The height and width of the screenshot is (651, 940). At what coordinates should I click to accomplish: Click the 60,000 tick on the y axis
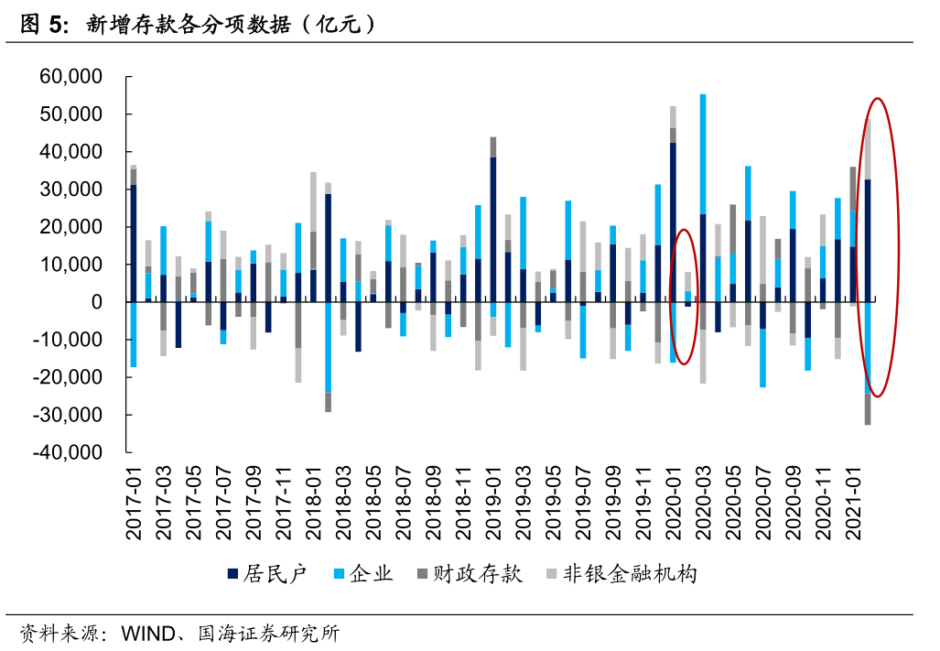click(x=70, y=77)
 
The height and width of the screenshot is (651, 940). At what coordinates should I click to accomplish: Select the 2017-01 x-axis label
click(x=135, y=501)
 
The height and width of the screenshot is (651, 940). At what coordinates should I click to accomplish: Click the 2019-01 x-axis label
click(x=493, y=501)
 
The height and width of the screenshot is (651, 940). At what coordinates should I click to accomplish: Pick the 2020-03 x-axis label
click(x=703, y=501)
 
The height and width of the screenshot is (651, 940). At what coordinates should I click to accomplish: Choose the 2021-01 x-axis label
click(x=852, y=501)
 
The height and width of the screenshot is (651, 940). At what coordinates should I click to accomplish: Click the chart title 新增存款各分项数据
click(x=198, y=26)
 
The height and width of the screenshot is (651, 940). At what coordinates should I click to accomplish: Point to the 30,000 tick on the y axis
click(x=70, y=190)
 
